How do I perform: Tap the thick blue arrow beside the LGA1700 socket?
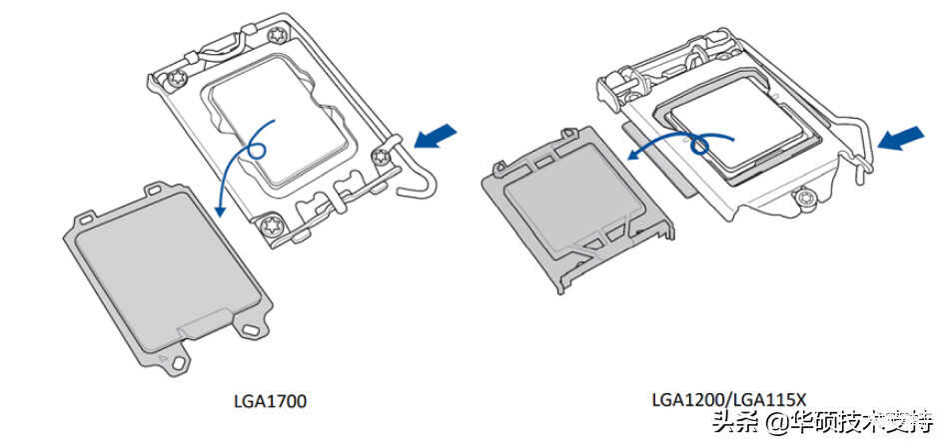[441, 137]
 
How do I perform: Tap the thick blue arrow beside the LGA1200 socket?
[900, 143]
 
